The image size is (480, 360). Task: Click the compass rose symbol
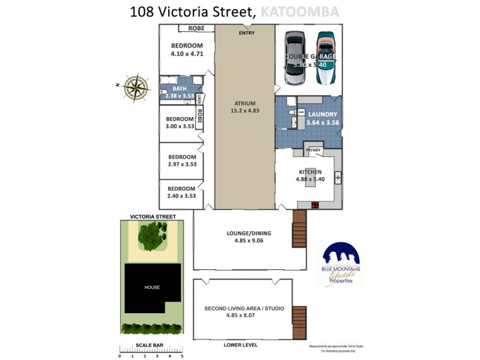pos(138,88)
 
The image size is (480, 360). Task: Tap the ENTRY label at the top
pos(247,33)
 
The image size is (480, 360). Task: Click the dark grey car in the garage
pos(295,58)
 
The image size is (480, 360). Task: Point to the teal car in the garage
pos(326,58)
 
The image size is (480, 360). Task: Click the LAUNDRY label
pos(323,114)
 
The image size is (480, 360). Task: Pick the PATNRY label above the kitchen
pos(314,150)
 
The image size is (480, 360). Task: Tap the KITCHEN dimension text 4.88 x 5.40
pos(310,179)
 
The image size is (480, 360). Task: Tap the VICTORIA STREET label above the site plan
pos(153,216)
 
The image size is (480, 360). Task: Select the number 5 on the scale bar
pos(182,356)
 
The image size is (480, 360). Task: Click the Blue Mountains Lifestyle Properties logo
pos(341,265)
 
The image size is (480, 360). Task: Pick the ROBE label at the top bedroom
pos(196,28)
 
